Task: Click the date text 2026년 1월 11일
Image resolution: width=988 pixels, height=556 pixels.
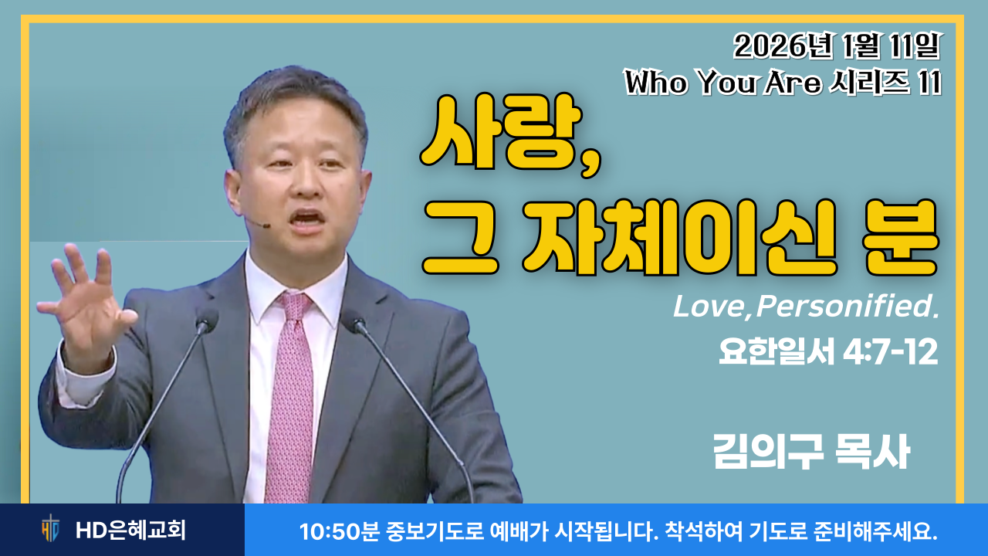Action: [837, 46]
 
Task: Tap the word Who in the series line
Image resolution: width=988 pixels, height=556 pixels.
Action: [656, 82]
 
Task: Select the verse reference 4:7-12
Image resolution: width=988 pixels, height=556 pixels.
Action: [890, 352]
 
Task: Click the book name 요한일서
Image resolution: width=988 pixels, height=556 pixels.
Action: [777, 352]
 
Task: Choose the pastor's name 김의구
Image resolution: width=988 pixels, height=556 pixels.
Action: [768, 452]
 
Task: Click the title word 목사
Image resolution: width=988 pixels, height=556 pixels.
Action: [873, 452]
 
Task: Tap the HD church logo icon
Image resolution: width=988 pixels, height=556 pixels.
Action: [51, 529]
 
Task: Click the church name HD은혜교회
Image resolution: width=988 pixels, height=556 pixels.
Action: [131, 530]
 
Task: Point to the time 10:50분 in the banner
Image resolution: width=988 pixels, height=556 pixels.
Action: [339, 531]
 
